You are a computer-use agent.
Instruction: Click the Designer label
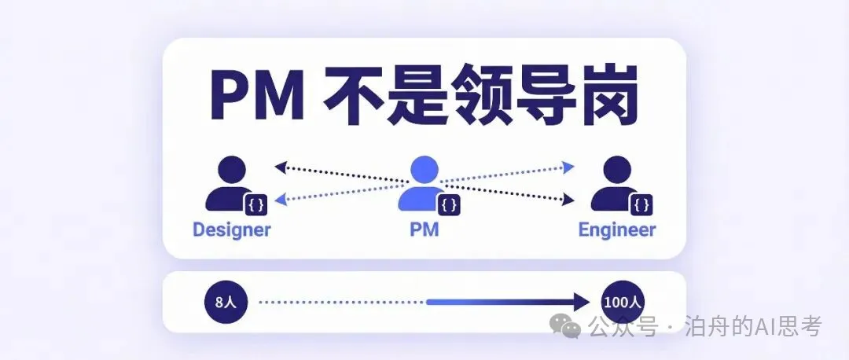(231, 230)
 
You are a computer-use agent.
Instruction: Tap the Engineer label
(616, 230)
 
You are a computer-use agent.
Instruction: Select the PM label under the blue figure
(424, 230)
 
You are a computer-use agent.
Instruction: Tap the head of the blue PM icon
(424, 170)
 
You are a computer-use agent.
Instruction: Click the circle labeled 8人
(226, 302)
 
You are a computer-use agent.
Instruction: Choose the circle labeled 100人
(622, 302)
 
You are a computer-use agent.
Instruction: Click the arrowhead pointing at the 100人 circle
(582, 302)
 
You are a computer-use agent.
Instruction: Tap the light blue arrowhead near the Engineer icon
(569, 167)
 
